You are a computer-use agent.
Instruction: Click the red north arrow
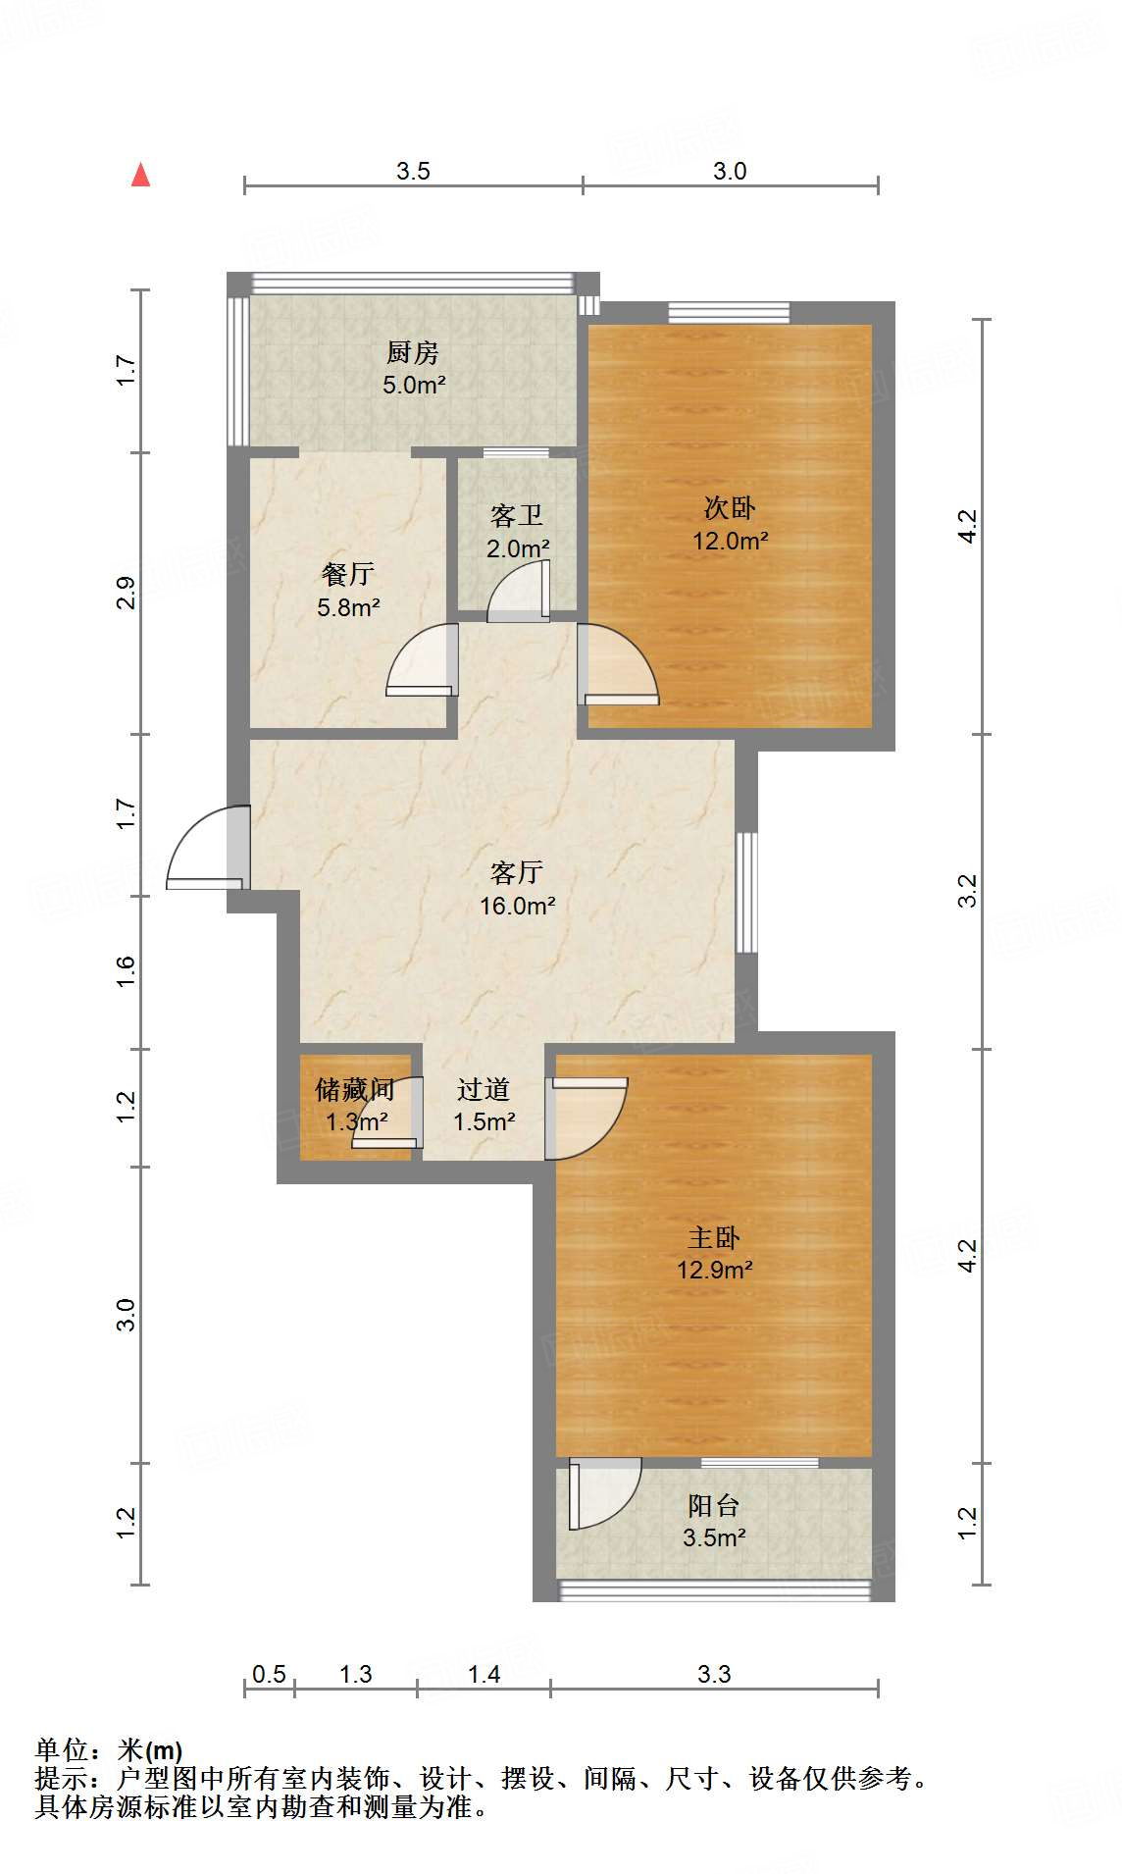(141, 175)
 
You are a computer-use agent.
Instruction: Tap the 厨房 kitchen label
(413, 352)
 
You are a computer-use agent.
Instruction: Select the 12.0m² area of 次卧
(730, 541)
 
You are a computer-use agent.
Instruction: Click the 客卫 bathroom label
(517, 516)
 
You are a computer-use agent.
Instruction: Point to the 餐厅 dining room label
(347, 575)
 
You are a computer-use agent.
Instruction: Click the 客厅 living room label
(517, 872)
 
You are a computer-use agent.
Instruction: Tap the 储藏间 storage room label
(354, 1089)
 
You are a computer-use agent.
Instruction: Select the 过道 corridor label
(484, 1090)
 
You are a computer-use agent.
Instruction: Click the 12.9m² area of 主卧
(714, 1271)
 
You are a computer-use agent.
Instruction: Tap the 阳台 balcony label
(713, 1505)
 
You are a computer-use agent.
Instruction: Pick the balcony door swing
(601, 1493)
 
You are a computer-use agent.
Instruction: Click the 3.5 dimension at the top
(413, 171)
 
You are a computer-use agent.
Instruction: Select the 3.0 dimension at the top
(730, 171)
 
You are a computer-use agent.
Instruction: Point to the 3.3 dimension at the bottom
(714, 1674)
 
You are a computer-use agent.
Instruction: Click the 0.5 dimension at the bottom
(269, 1674)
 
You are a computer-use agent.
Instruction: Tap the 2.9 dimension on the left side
(126, 593)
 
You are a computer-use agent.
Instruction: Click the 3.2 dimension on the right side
(967, 890)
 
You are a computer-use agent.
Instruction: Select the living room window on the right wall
(746, 892)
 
